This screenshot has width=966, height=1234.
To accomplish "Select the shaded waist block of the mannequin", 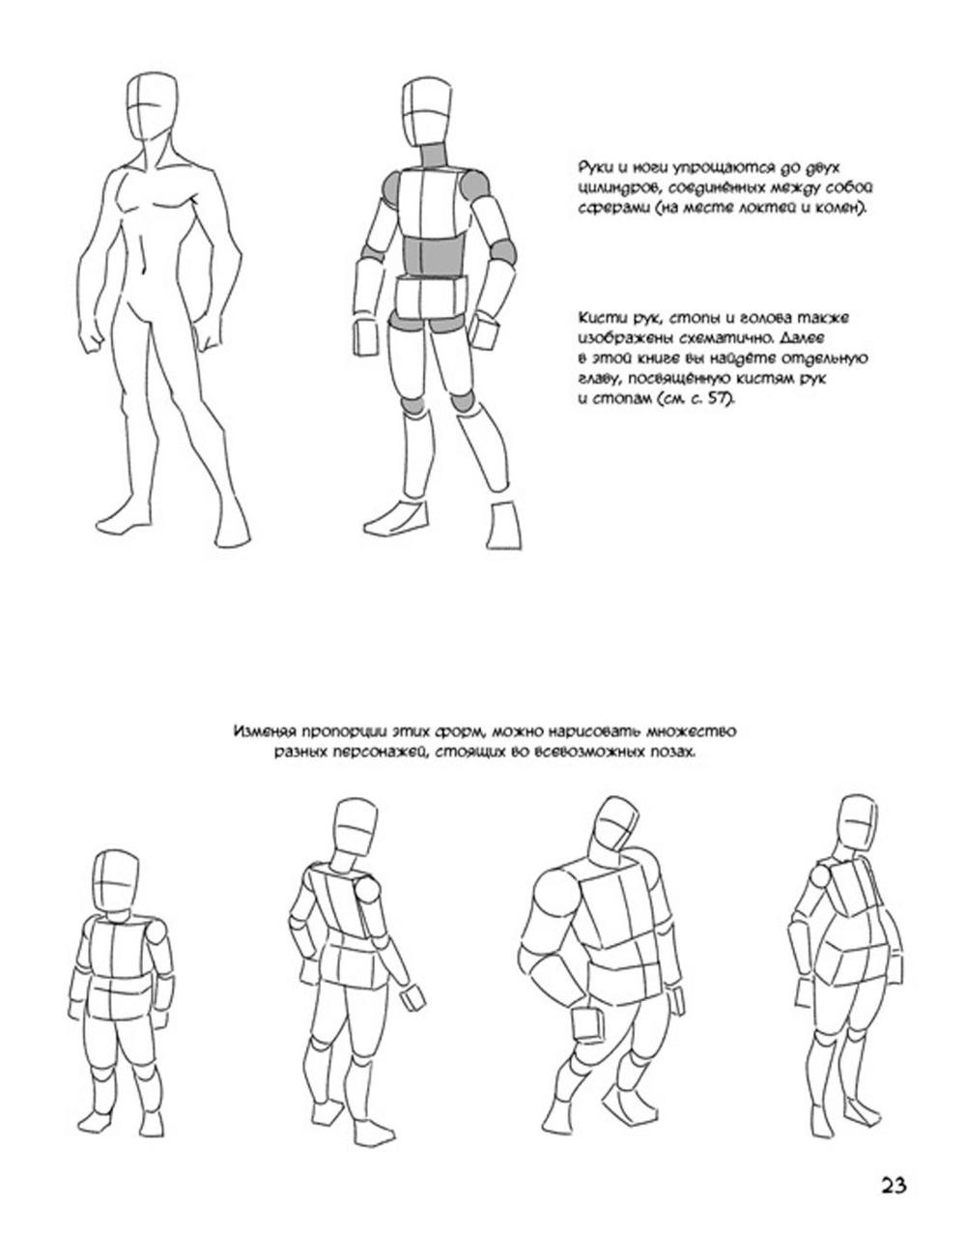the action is pyautogui.click(x=434, y=257).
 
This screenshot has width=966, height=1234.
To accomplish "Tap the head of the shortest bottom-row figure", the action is pyautogui.click(x=116, y=885).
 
